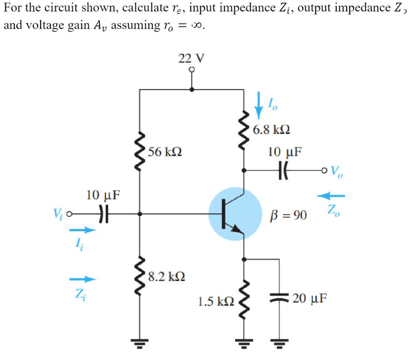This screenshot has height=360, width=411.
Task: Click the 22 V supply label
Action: click(x=192, y=58)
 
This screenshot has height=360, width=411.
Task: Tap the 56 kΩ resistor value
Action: click(x=165, y=152)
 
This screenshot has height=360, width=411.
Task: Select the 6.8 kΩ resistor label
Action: click(x=271, y=129)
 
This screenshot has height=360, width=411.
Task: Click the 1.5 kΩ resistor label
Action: click(x=216, y=301)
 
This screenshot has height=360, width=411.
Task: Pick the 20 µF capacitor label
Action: click(x=309, y=299)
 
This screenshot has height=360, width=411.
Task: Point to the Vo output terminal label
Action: click(x=337, y=171)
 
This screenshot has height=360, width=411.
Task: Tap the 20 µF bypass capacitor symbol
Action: click(x=279, y=297)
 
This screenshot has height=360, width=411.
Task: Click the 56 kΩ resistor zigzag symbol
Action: click(x=140, y=152)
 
